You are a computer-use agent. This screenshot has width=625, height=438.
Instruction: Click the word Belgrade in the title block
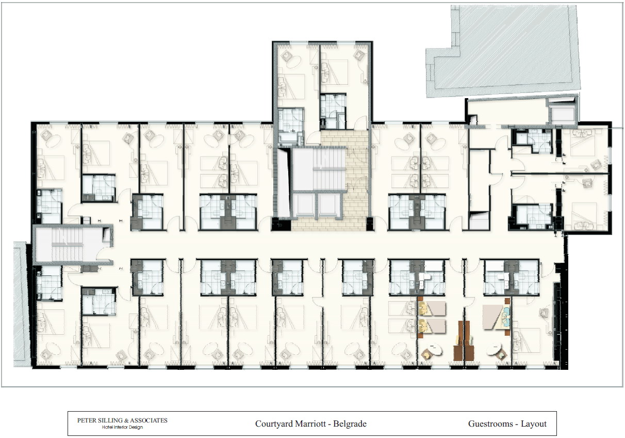350,424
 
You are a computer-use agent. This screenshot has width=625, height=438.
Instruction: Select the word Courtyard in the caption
274,424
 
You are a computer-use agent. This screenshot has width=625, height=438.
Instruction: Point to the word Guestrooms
490,424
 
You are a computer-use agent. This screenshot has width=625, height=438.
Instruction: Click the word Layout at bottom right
534,424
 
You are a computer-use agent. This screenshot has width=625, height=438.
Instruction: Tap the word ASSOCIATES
149,420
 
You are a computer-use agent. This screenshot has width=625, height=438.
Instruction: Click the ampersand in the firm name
126,420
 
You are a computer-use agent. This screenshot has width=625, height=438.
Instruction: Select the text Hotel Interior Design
122,427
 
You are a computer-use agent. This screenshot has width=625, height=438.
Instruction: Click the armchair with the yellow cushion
427,354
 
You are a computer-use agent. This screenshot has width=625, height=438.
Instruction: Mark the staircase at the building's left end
67,244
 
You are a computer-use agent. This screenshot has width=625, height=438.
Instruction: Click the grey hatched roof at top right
502,50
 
